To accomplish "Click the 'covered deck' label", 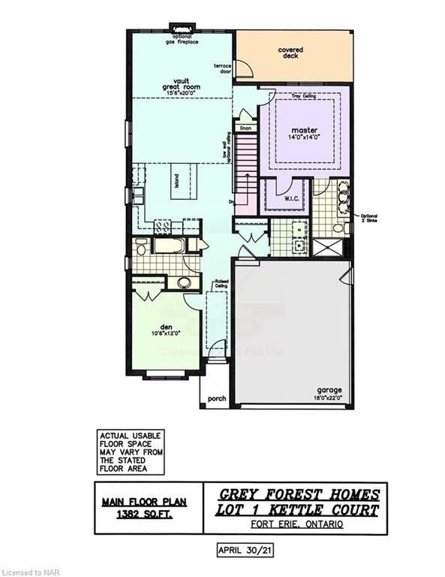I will pos(290,53).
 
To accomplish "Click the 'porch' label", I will pos(217,399).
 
